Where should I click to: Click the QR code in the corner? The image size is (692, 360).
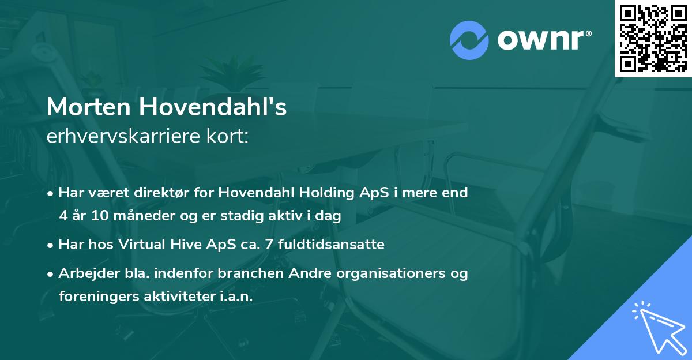(x=653, y=39)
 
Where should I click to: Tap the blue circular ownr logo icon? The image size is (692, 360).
(x=469, y=40)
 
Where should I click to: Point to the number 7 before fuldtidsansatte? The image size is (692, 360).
(x=270, y=245)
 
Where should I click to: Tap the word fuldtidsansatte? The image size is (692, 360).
(x=331, y=245)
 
